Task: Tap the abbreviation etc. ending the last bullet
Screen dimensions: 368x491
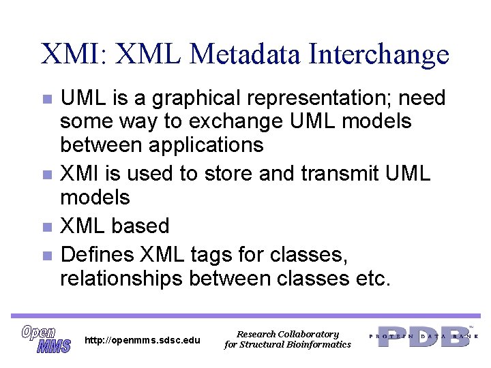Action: (x=372, y=279)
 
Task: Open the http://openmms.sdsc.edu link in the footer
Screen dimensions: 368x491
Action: (x=143, y=339)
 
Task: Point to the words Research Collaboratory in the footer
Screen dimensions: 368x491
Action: (x=287, y=334)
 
